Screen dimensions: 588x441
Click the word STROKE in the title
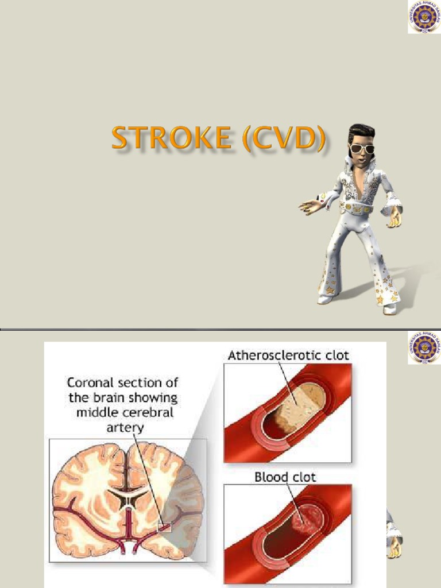coord(171,139)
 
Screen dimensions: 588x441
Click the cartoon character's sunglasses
coord(362,149)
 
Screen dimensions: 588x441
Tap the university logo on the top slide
coord(424,17)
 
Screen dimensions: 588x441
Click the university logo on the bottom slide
coord(424,347)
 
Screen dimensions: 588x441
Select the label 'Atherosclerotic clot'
coord(288,355)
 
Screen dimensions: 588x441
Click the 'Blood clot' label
coord(285,477)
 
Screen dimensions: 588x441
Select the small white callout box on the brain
coord(165,527)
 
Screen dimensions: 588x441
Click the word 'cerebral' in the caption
coord(154,412)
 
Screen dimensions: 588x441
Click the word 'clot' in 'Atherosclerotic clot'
coord(334,355)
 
